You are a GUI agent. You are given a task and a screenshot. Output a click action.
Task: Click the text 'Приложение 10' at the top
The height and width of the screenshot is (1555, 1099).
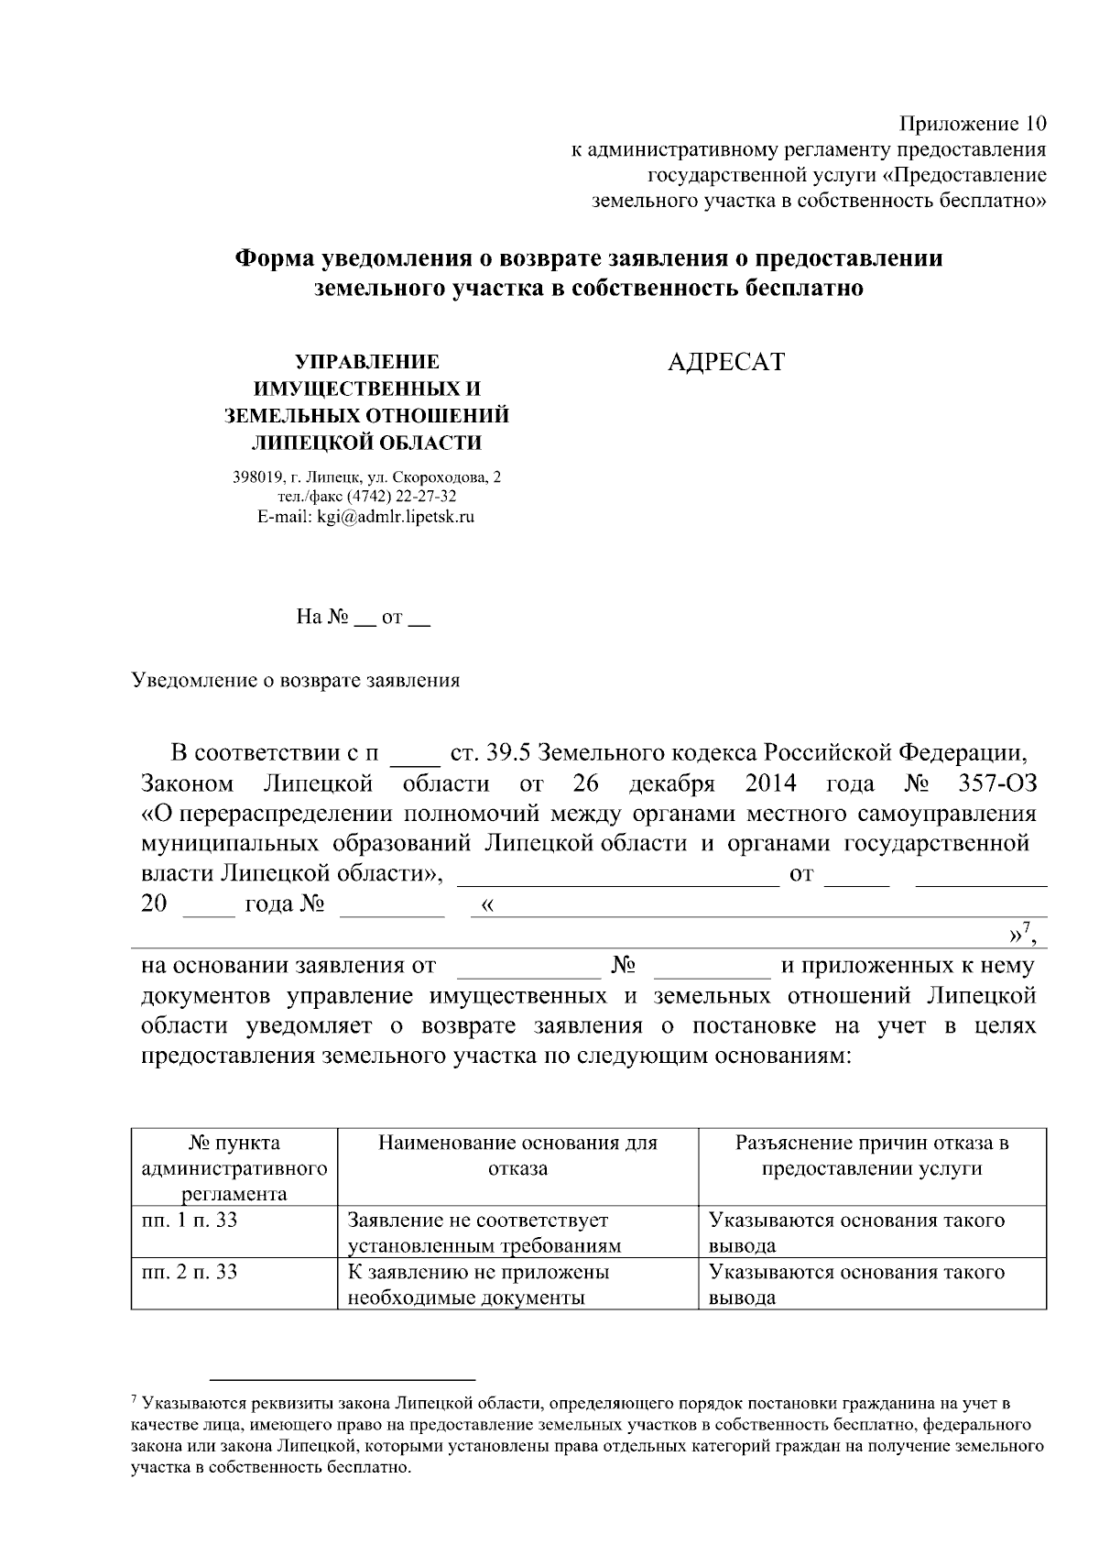coord(972,124)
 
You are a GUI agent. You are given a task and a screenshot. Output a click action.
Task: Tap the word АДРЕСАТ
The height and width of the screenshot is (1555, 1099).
coord(725,363)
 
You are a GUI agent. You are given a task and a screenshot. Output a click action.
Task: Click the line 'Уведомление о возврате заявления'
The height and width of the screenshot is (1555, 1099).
coord(296,681)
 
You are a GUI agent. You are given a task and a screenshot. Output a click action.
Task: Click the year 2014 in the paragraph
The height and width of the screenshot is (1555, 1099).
coord(770,784)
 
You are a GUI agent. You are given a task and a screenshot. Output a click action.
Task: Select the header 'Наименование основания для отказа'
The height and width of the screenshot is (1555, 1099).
coord(517,1155)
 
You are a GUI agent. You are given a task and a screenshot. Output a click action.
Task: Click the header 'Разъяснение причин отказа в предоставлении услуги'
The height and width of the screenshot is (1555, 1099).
coord(872,1155)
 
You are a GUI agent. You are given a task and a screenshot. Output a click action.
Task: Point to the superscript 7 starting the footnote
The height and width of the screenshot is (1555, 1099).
coord(135,1399)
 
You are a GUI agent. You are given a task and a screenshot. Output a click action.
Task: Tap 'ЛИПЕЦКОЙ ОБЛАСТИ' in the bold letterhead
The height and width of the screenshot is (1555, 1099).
coord(366,444)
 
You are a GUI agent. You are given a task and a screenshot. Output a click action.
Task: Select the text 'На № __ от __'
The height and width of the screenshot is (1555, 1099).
coord(364,618)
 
